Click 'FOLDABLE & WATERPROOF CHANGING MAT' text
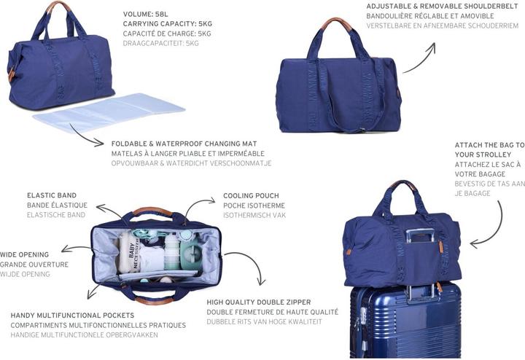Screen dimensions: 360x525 (182, 144)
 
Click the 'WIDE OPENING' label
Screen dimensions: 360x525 (25, 255)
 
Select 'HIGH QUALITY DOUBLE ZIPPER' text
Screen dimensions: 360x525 (259, 302)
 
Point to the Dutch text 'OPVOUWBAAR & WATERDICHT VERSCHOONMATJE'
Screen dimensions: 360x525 (191, 163)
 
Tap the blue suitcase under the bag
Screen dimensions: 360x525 (405, 321)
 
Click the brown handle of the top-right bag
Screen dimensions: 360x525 (338, 23)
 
